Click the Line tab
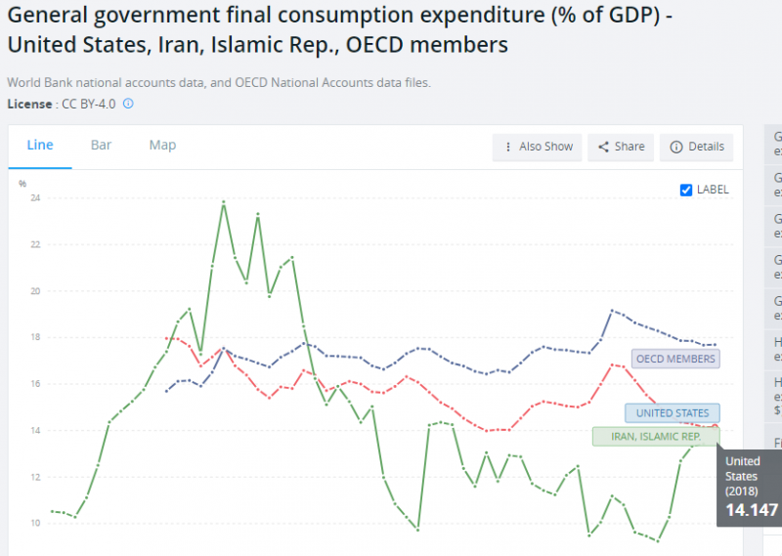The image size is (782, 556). (40, 146)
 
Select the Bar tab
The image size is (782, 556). (101, 146)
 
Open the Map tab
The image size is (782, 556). (162, 146)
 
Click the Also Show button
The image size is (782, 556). (538, 147)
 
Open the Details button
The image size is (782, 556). (697, 147)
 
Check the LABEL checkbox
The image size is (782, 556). (686, 190)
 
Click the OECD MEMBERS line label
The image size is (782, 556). (675, 359)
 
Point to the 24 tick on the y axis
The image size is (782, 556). (35, 198)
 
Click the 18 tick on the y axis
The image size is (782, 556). (35, 338)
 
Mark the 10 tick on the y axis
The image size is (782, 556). (35, 524)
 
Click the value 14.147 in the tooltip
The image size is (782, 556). (752, 509)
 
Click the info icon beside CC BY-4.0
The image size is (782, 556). (128, 104)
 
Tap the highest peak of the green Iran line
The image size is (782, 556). (224, 202)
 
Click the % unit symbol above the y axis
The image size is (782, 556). (22, 183)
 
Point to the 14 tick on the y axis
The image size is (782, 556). (35, 431)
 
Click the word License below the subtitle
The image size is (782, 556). (29, 104)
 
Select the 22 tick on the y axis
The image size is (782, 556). (35, 245)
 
